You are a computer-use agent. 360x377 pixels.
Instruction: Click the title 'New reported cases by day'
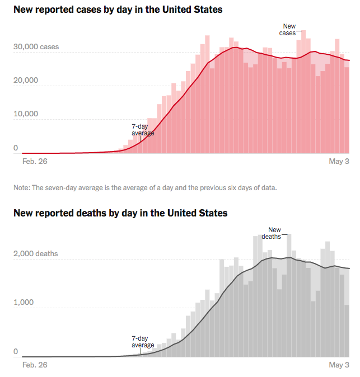pyautogui.click(x=118, y=10)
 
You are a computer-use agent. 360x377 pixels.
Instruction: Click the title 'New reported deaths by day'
pyautogui.click(x=120, y=213)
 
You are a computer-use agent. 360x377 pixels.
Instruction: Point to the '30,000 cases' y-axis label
pyautogui.click(x=36, y=47)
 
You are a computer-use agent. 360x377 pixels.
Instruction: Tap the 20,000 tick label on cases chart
pyautogui.click(x=26, y=80)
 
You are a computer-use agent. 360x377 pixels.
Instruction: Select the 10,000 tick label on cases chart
pyautogui.click(x=26, y=114)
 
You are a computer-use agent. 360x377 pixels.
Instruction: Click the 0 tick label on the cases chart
pyautogui.click(x=16, y=148)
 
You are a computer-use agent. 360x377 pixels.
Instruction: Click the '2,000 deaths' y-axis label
pyautogui.click(x=35, y=254)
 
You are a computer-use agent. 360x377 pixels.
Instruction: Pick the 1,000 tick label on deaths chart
pyautogui.click(x=24, y=303)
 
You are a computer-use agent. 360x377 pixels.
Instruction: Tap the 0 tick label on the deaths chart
pyautogui.click(x=16, y=352)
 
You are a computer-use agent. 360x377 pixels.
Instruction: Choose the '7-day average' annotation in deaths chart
pyautogui.click(x=143, y=342)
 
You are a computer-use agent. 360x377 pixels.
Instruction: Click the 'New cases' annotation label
pyautogui.click(x=289, y=30)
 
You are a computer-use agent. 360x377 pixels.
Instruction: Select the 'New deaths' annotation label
pyautogui.click(x=273, y=233)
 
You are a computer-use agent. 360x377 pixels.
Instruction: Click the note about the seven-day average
pyautogui.click(x=145, y=187)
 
